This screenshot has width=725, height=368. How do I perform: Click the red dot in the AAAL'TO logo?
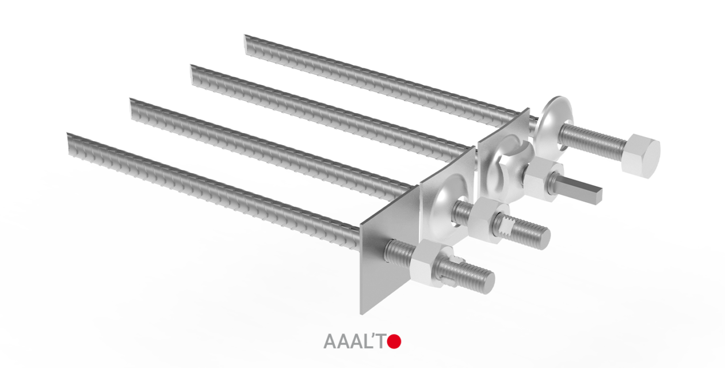point(394,342)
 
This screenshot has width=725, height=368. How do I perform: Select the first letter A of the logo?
point(331,342)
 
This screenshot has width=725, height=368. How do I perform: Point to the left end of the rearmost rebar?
point(249,43)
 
